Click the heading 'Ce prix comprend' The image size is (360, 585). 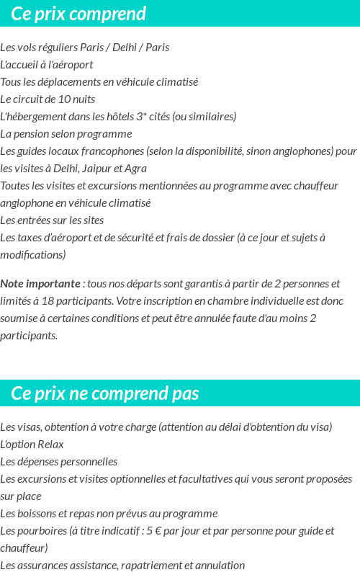pos(78,14)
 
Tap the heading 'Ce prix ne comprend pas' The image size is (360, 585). pos(105,393)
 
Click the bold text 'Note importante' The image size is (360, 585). pos(40,284)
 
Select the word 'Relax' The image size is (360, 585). pos(50,445)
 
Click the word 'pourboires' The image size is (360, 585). pos(41,531)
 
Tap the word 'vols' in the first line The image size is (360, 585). pos(26,48)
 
